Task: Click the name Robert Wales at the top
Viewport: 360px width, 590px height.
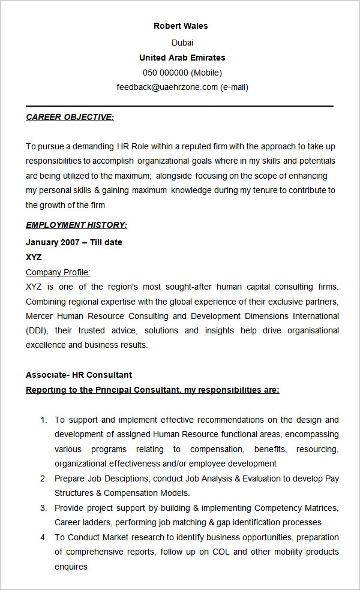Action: point(181,26)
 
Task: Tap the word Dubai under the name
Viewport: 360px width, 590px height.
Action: point(182,43)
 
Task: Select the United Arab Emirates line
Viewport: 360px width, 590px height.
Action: point(182,58)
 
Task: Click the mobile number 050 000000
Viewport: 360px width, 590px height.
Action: point(166,73)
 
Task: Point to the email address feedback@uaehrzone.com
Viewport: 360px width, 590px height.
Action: point(167,87)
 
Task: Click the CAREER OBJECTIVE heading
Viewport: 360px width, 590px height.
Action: point(70,117)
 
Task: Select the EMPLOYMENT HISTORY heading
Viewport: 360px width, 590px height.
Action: point(76,225)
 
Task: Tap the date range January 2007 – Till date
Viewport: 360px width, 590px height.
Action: point(74,242)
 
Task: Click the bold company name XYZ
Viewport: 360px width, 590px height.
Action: point(34,257)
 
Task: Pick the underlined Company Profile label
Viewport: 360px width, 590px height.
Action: point(58,272)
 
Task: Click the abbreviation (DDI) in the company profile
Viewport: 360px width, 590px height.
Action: point(35,330)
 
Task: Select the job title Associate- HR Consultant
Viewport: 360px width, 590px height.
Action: point(79,375)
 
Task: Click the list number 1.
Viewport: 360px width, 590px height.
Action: point(43,420)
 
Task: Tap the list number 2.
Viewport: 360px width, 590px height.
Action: point(43,478)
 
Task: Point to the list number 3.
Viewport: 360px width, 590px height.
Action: point(43,508)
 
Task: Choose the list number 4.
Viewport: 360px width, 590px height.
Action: point(43,537)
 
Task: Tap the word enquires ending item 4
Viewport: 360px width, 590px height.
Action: point(71,567)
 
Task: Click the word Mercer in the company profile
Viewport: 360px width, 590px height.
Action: point(39,316)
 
